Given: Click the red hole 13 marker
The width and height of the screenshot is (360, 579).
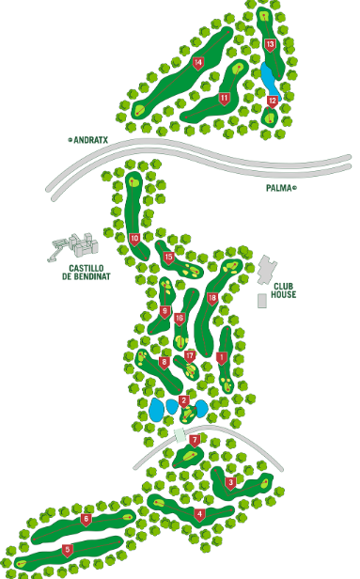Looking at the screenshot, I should (x=270, y=44).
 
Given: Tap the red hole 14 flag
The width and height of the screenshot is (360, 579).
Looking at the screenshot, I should (x=198, y=63).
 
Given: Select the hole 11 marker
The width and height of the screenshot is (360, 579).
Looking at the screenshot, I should (x=225, y=98).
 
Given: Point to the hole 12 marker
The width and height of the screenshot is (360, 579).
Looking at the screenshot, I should (x=272, y=101).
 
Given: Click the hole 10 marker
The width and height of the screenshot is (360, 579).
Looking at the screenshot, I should (x=134, y=239).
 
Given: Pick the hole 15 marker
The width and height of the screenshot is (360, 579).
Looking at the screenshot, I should (x=169, y=257).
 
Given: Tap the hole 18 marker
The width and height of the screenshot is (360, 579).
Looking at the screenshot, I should (x=212, y=298).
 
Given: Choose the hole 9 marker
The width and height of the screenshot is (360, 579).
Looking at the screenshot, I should (x=164, y=312).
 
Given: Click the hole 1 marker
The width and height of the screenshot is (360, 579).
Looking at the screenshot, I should (x=222, y=357).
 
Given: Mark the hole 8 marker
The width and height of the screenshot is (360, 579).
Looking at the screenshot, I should (x=164, y=362).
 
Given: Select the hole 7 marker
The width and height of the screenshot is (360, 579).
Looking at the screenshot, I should (x=195, y=439).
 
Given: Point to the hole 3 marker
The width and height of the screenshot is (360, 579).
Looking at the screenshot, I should (x=230, y=483).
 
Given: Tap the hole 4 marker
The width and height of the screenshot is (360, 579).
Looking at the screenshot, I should (x=199, y=514).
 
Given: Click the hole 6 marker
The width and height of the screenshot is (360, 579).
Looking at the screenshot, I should (x=86, y=520).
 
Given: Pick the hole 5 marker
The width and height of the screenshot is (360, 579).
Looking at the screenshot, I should (x=67, y=550).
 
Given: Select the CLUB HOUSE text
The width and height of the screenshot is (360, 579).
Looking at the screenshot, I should (x=284, y=288).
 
